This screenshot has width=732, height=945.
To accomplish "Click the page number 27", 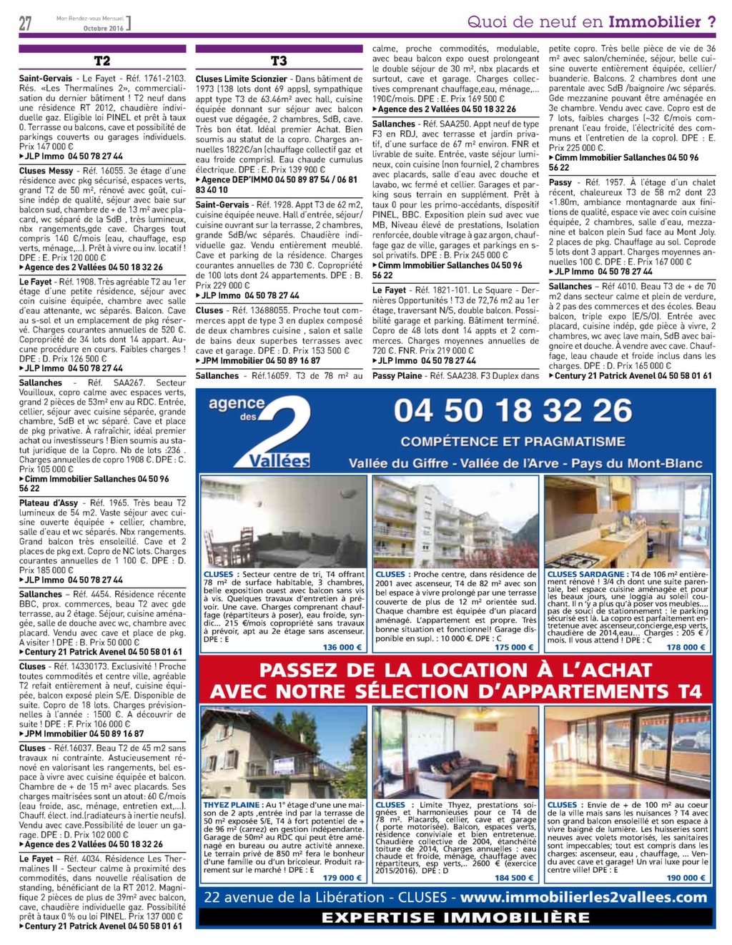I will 26,24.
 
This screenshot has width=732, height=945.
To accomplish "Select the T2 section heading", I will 102,61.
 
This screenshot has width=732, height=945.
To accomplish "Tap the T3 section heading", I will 279,61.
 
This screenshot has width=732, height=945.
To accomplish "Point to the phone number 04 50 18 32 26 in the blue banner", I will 513,411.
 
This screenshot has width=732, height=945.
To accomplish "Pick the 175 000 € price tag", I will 512,647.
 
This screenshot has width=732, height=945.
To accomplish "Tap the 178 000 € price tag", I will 685,647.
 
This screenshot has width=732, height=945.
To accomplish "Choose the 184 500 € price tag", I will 512,878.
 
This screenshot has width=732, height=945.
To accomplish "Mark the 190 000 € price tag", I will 685,878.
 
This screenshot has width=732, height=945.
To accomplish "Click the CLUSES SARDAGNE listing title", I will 586,574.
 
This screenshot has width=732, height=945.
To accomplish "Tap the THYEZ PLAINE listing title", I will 232,805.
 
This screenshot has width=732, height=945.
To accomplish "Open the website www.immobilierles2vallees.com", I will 583,898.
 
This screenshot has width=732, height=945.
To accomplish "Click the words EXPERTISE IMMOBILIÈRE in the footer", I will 455,918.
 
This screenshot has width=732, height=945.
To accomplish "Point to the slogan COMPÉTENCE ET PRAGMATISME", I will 513,442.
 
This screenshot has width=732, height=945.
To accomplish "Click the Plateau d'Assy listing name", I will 48,503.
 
